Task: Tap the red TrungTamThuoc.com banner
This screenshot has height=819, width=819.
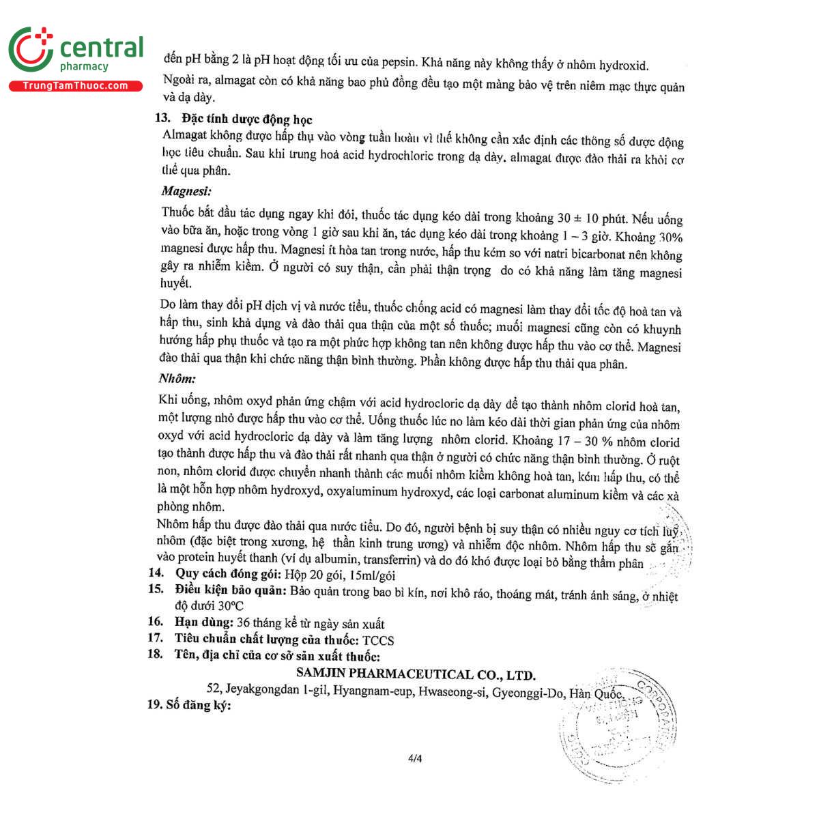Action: point(75,86)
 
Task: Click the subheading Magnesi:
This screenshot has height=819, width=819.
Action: point(186,192)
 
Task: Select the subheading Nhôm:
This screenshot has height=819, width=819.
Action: point(177,378)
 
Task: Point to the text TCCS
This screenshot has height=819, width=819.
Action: point(378,640)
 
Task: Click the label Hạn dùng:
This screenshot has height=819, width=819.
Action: point(204,622)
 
